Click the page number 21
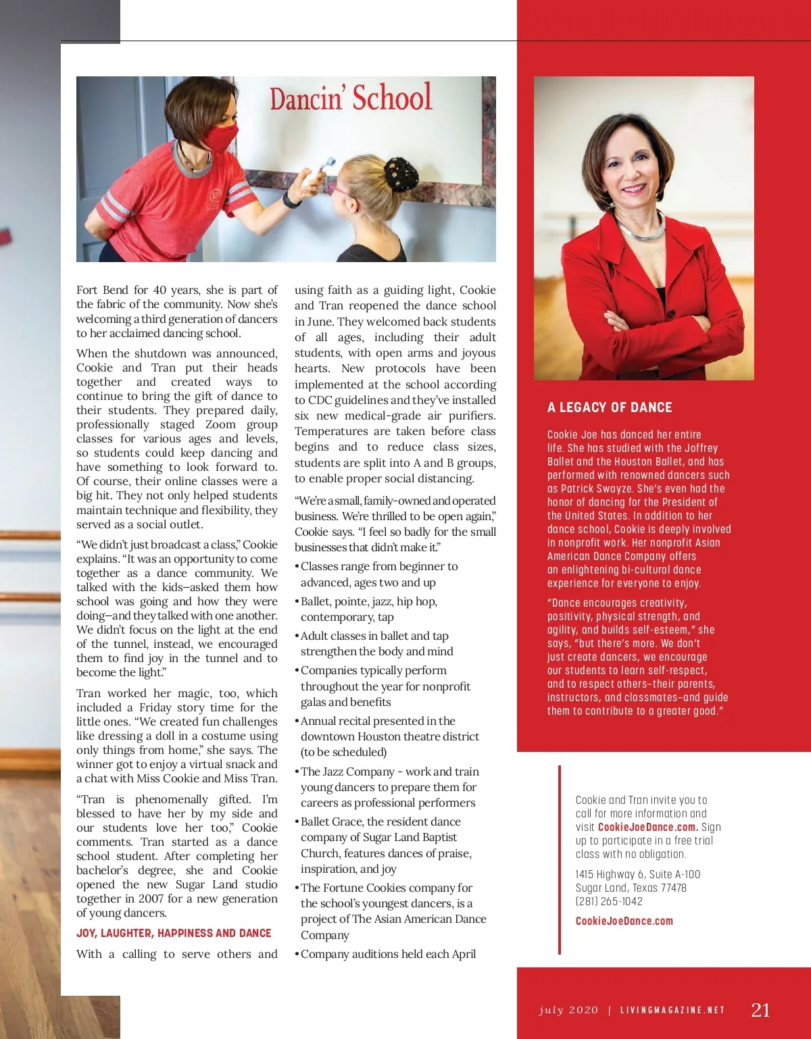[x=760, y=1009]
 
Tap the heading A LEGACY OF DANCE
[x=610, y=407]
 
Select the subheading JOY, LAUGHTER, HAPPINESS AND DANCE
[x=174, y=933]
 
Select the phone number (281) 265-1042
[x=609, y=901]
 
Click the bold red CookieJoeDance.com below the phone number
[x=624, y=921]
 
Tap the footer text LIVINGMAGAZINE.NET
[x=672, y=1011]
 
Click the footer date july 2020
[x=568, y=1011]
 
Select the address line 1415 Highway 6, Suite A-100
[x=637, y=874]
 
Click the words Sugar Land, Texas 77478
[x=631, y=888]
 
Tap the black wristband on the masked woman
[x=291, y=200]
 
